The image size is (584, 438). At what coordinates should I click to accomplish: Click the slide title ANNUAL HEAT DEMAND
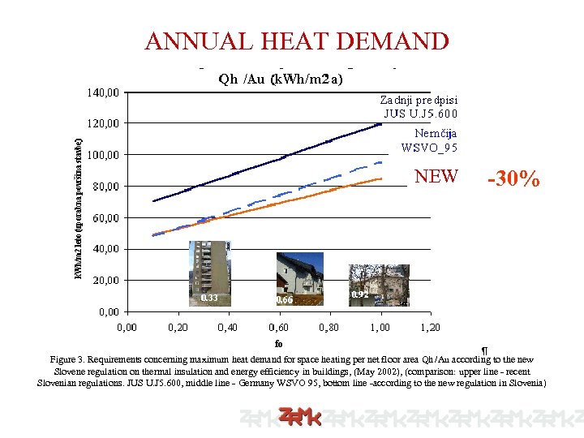[x=296, y=41]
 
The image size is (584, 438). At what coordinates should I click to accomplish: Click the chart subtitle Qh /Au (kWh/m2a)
[x=281, y=79]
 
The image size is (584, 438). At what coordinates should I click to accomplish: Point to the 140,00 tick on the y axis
[x=103, y=92]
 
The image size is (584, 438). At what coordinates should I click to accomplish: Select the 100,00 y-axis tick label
[x=103, y=155]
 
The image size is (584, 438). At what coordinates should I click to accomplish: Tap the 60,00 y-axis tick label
[x=105, y=218]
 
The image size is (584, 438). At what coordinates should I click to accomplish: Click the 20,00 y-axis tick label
[x=105, y=281]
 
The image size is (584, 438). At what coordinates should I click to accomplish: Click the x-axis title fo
[x=278, y=343]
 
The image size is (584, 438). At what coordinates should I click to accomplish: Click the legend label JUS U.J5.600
[x=420, y=114]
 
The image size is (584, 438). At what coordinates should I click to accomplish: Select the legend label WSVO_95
[x=429, y=147]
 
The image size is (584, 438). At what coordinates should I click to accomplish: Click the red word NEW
[x=436, y=176]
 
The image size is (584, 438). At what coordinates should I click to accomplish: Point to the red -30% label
[x=513, y=179]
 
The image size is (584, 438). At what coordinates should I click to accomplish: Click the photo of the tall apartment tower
[x=210, y=273]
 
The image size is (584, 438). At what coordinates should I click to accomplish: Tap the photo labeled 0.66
[x=300, y=280]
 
